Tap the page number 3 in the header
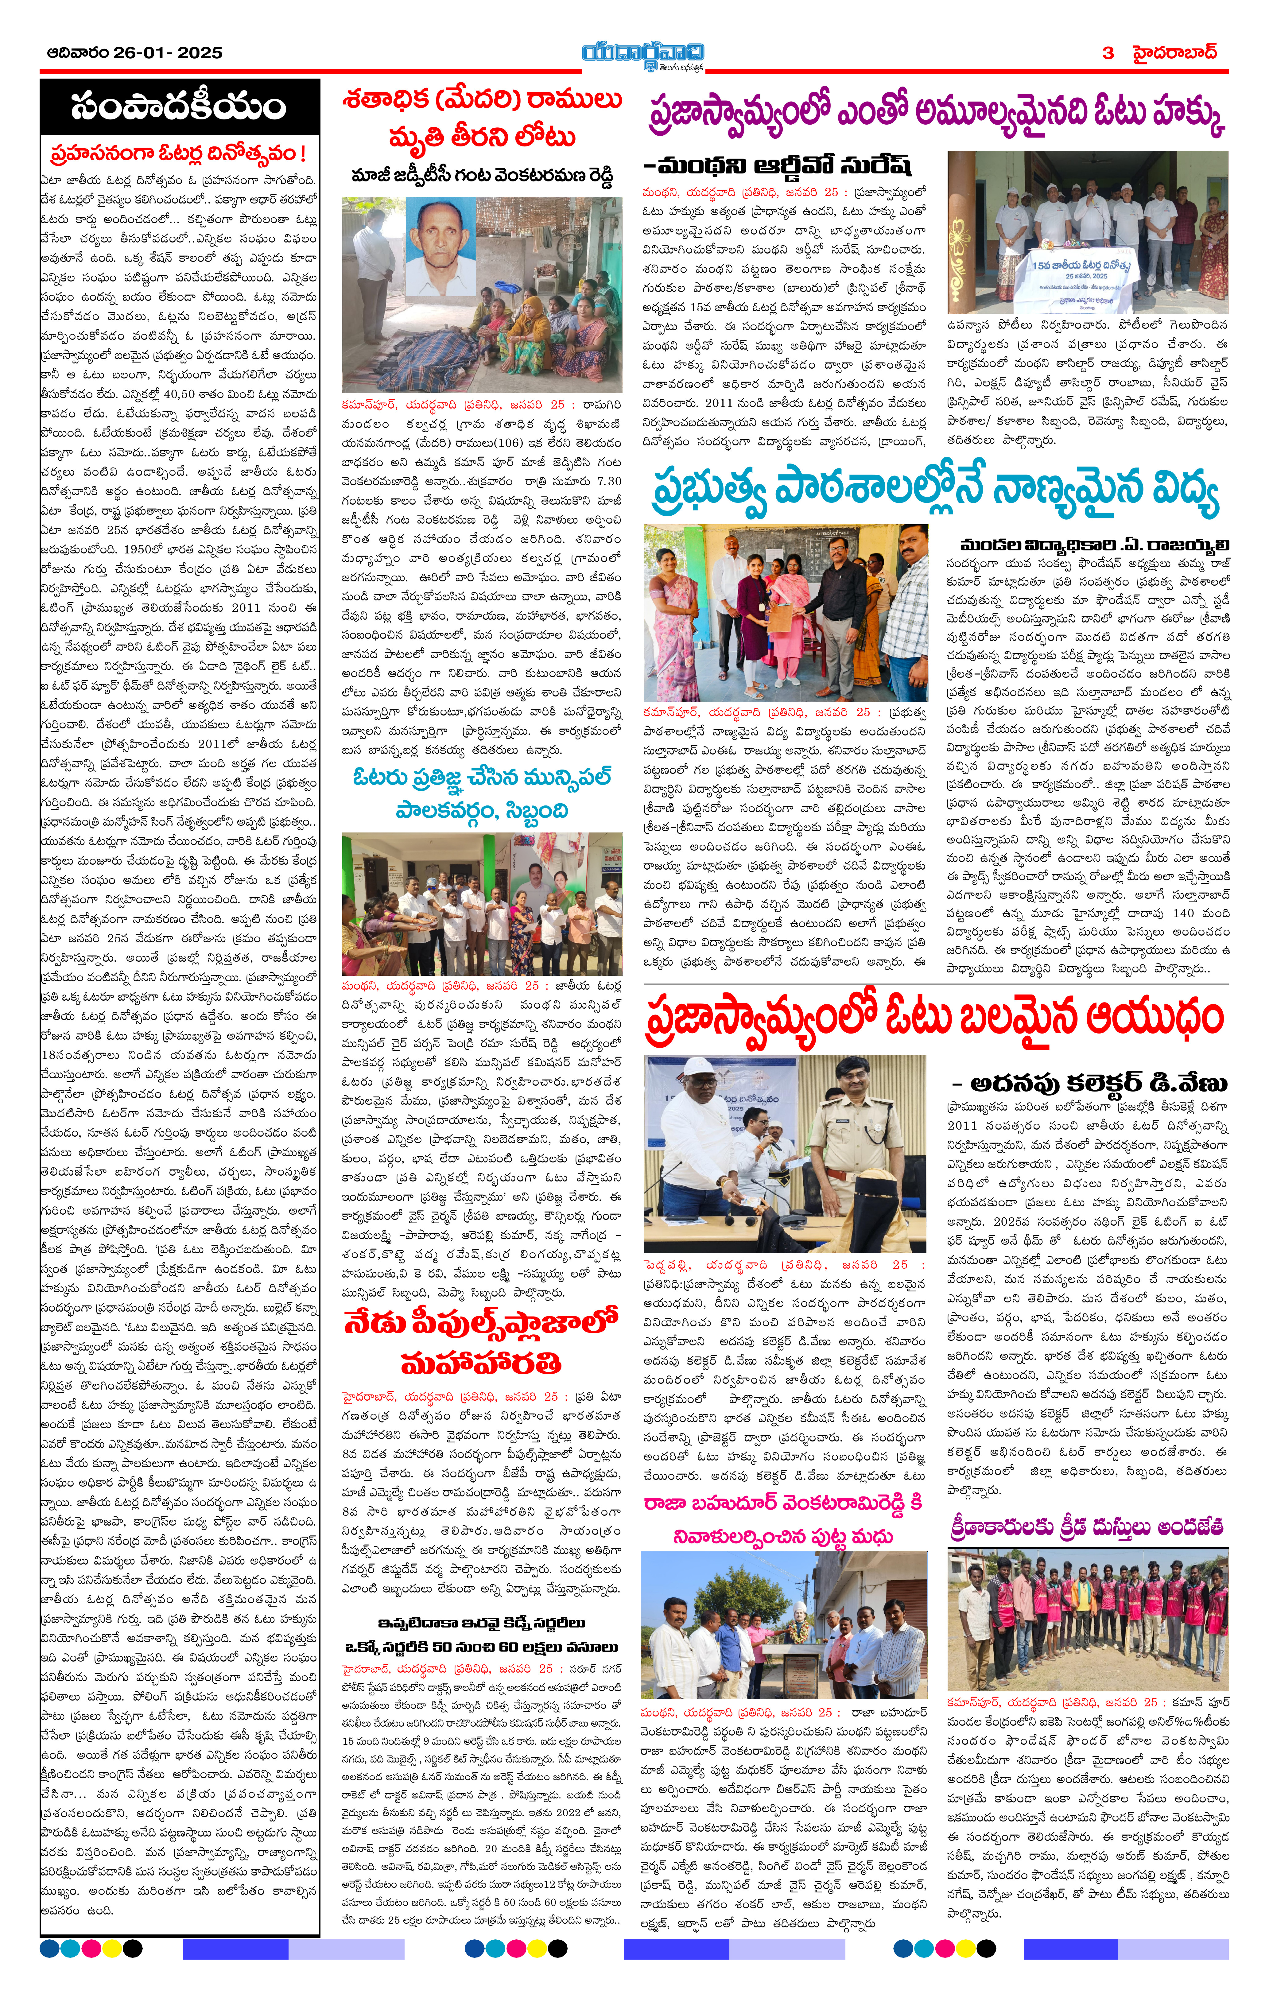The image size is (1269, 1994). tap(1108, 53)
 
